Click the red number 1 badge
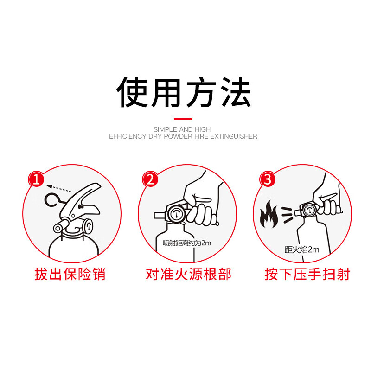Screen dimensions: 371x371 [37, 179]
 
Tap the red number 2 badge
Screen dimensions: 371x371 [150, 179]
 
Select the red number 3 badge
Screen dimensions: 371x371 [268, 179]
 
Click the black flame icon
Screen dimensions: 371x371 [269, 214]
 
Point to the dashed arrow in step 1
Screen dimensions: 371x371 [59, 189]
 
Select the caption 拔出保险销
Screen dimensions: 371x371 [70, 274]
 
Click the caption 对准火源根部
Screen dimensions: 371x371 [189, 274]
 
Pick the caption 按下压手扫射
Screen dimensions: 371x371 [307, 274]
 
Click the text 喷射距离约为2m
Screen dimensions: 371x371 [187, 243]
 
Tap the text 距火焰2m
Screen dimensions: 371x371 [302, 249]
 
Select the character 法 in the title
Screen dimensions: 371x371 [236, 92]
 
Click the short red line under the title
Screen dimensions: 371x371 [183, 119]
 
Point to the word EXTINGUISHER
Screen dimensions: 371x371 [234, 136]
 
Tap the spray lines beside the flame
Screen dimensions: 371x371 [287, 214]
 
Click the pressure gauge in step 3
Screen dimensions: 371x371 [309, 210]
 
